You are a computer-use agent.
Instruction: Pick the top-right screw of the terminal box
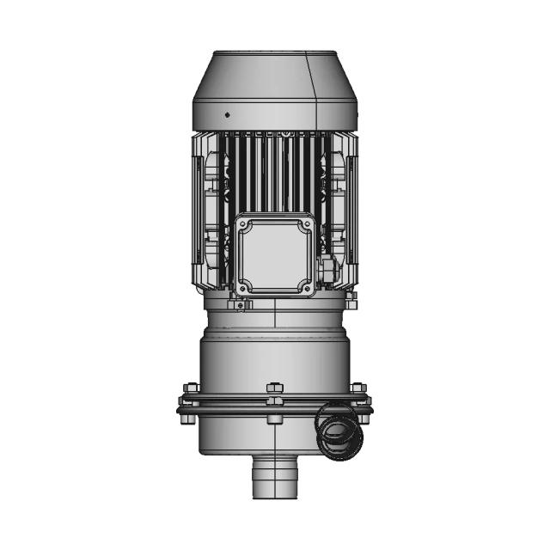[304, 224]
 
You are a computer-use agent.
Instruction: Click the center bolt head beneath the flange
[274, 418]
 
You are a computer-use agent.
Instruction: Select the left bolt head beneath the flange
[191, 418]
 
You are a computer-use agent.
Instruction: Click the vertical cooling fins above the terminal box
[273, 172]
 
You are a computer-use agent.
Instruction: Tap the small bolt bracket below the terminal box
[241, 302]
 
